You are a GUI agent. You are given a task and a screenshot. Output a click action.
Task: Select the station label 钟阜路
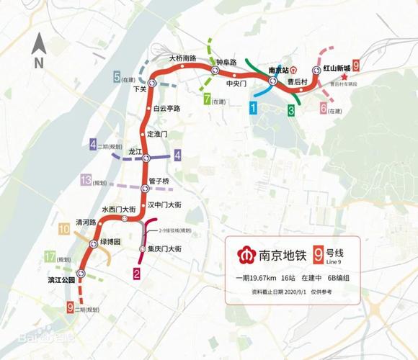pyautogui.click(x=227, y=63)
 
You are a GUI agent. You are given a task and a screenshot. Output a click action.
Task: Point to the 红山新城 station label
pyautogui.click(x=337, y=68)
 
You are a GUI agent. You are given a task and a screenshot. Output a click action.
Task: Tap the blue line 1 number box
pyautogui.click(x=253, y=109)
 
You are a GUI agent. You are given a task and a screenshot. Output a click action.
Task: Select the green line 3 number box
pyautogui.click(x=291, y=110)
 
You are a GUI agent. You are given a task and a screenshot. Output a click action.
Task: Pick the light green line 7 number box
pyautogui.click(x=208, y=99)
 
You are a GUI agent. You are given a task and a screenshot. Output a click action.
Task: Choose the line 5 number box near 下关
pyautogui.click(x=117, y=77)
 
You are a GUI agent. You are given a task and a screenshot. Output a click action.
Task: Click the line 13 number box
pyautogui.click(x=86, y=181)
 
